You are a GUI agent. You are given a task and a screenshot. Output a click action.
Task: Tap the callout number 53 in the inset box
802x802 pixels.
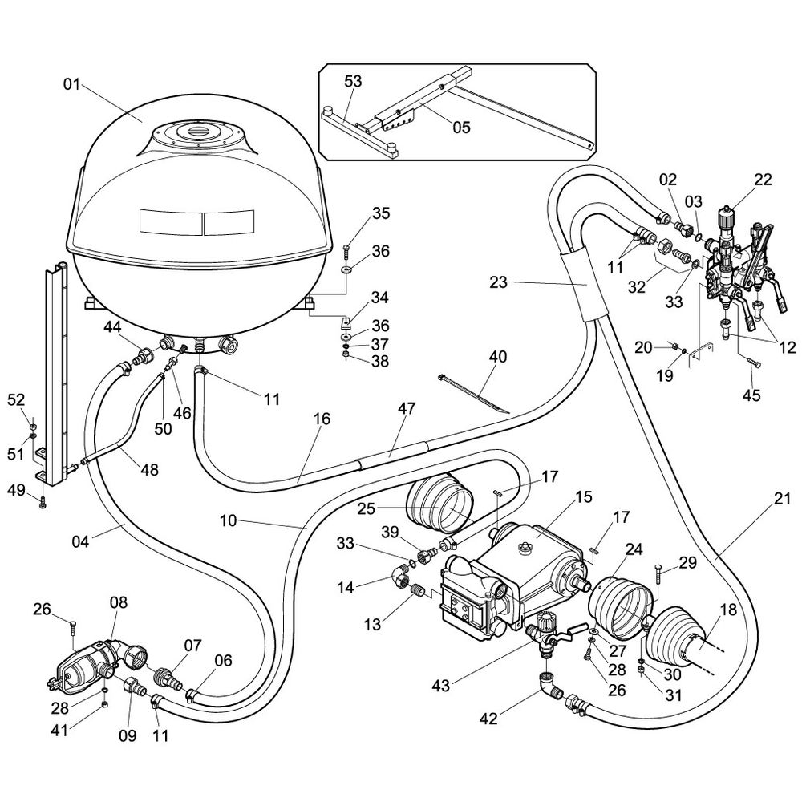(353, 82)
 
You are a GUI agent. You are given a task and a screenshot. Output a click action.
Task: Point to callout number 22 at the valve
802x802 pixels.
(763, 180)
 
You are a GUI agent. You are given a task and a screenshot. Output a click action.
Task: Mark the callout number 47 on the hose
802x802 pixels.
(406, 408)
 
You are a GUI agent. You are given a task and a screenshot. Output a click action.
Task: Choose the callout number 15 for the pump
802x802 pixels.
(583, 497)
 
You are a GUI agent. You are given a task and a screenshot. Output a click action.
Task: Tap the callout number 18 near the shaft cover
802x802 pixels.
(727, 610)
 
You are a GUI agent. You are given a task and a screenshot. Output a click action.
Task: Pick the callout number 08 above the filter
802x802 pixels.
(119, 601)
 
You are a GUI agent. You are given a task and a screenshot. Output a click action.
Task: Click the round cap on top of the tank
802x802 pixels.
(196, 128)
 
